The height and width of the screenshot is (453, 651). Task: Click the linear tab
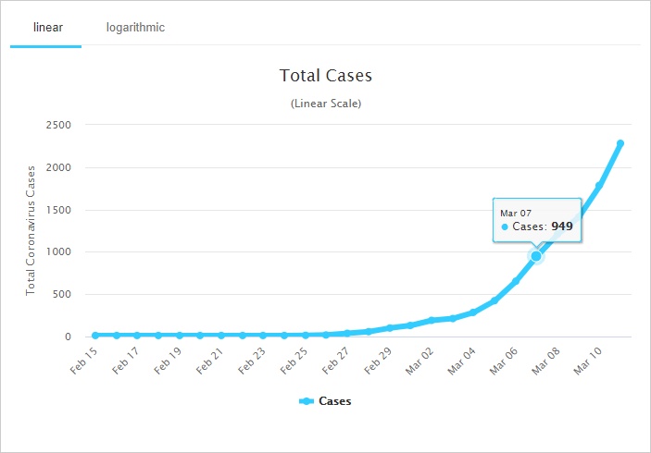coord(47,27)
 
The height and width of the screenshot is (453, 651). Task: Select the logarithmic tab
coord(135,27)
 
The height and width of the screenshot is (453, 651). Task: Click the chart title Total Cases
coord(326,75)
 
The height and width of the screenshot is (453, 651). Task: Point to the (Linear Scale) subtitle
coord(326,104)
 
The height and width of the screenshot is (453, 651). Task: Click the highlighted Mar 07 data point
coord(536,256)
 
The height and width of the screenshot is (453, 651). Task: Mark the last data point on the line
coord(620,143)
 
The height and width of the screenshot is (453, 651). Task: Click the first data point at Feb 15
coord(95,335)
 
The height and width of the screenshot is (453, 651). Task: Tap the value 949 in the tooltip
coord(562,226)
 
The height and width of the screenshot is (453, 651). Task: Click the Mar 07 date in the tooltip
coord(516,213)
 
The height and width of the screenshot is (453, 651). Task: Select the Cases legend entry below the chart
coord(326,401)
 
